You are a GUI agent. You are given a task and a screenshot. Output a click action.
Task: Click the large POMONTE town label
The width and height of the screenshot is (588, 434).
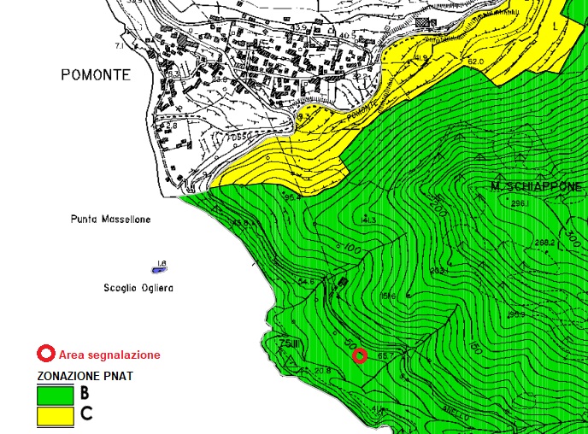click(x=96, y=75)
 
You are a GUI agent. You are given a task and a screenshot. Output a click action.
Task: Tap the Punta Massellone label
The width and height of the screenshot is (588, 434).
click(x=110, y=220)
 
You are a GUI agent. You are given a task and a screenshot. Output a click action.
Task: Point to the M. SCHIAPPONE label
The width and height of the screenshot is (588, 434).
click(x=536, y=186)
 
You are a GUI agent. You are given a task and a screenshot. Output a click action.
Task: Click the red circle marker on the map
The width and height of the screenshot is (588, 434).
click(x=360, y=356)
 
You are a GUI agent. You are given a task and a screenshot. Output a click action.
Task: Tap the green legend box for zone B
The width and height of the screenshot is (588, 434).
click(x=55, y=395)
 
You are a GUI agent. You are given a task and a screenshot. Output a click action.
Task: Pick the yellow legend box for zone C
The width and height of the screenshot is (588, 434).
click(x=55, y=416)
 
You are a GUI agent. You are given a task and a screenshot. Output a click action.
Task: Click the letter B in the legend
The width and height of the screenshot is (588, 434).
click(x=85, y=394)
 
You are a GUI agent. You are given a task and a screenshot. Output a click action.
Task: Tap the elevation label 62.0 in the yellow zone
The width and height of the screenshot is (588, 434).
click(x=475, y=62)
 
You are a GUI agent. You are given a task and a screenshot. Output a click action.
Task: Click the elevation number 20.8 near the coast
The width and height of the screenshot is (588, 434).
click(x=322, y=370)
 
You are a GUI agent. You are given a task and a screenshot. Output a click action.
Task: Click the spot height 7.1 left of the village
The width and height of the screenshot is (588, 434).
click(x=132, y=40)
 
